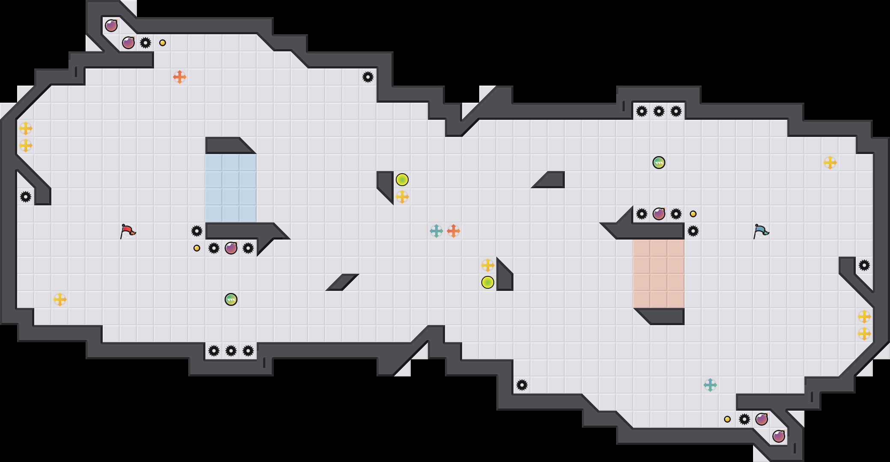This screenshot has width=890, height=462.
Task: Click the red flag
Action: point(128,231)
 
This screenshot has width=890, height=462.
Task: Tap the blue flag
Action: point(761,231)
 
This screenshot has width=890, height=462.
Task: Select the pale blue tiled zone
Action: point(231,188)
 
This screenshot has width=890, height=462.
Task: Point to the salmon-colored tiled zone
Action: point(659,274)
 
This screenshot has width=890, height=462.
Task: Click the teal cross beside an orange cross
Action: point(436,231)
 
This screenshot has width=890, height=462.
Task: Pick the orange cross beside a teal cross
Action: point(454,231)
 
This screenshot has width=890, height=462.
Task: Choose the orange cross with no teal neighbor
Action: point(180,77)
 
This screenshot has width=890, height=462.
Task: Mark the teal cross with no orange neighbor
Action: point(710,385)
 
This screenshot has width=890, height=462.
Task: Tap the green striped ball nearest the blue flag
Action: point(659,163)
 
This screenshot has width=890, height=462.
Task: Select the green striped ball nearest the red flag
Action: point(231,299)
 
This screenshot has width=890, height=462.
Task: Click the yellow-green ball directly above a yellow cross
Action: point(402,180)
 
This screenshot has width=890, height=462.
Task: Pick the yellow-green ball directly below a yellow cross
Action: point(488,282)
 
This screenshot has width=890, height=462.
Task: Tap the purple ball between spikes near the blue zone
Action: point(231,248)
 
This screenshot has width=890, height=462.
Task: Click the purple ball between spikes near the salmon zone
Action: point(659,214)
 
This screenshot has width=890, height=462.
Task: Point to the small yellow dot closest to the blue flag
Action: point(693,214)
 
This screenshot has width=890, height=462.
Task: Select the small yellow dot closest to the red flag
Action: point(197,248)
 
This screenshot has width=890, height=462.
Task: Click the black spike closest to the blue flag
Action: point(693,231)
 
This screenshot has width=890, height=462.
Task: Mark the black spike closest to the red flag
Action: point(197,231)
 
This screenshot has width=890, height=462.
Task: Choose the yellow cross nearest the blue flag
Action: point(830,163)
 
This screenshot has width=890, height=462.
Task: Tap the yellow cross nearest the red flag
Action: point(60,299)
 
